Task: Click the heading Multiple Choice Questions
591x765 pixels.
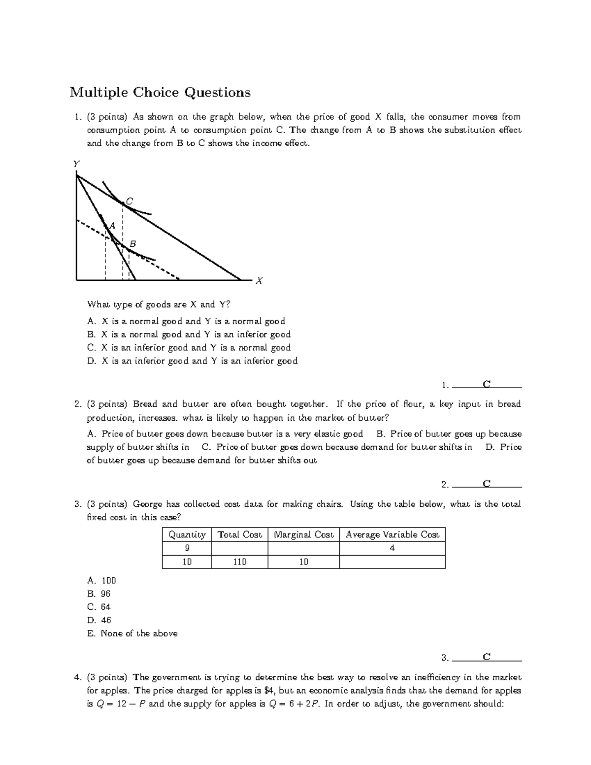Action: (x=160, y=92)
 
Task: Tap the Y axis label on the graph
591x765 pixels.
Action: (x=76, y=164)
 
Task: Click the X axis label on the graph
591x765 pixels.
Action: (x=259, y=281)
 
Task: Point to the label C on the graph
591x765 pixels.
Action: (x=130, y=201)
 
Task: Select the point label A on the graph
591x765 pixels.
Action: (x=112, y=225)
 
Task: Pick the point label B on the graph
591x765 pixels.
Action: (x=132, y=244)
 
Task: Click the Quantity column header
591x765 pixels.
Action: (x=187, y=534)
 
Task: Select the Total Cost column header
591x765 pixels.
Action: (x=240, y=534)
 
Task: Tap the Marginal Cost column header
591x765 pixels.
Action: (x=303, y=534)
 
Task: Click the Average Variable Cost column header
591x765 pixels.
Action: (x=392, y=534)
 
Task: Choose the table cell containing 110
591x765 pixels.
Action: (x=240, y=562)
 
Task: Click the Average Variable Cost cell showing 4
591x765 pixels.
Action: (x=392, y=548)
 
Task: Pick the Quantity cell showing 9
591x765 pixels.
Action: (x=187, y=548)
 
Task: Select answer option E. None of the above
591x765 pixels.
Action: (x=132, y=633)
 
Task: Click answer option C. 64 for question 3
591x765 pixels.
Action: (x=99, y=607)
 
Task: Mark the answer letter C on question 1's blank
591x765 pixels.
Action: (x=487, y=384)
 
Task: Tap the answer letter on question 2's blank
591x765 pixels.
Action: (x=487, y=484)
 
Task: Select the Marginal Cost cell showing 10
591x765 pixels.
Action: (x=303, y=562)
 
